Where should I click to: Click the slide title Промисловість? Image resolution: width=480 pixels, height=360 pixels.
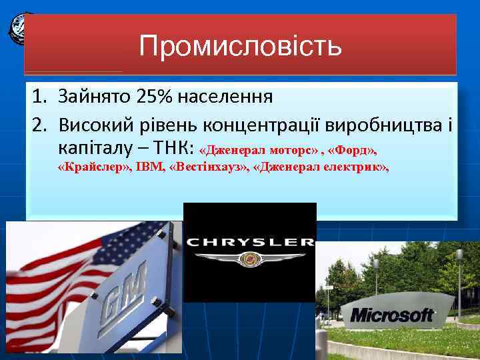(x=240, y=46)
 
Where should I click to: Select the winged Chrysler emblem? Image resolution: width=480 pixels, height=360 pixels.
(x=250, y=260)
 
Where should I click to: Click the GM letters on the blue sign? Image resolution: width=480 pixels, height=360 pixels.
(x=125, y=296)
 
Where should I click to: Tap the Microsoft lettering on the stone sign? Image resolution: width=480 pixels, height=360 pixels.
(x=392, y=315)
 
